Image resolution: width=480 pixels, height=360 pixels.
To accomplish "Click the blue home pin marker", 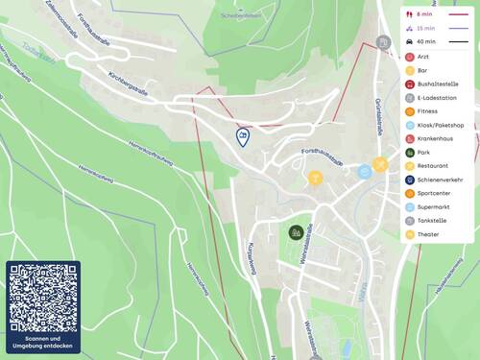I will coord(243,137).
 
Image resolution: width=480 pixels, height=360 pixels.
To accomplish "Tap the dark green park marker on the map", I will coord(296,231).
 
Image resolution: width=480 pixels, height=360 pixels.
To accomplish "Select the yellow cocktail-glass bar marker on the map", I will coord(315,178).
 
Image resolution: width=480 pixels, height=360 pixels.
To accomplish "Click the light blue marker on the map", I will coord(365,172).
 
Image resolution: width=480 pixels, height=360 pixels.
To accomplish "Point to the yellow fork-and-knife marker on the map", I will coord(380,164).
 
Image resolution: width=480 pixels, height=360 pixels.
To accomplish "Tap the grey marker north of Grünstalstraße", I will coord(383,42).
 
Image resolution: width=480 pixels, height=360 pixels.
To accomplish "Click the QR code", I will coord(43,298).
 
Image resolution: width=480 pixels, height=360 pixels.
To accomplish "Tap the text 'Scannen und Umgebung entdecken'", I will coord(43,342).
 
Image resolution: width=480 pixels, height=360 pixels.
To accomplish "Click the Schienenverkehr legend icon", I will coord(411,180).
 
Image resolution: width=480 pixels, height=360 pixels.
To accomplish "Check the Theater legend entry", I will coord(428,234).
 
